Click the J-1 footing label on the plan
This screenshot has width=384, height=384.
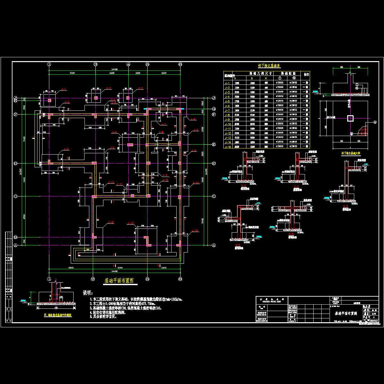(x=63, y=89)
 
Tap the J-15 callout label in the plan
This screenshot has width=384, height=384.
(x=110, y=222)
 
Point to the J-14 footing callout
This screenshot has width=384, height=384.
(x=195, y=230)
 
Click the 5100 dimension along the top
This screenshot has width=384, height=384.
(x=72, y=73)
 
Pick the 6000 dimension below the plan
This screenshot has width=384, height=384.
(x=120, y=267)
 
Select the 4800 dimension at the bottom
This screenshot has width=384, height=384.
(x=71, y=267)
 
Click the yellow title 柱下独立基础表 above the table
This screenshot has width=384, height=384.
(x=269, y=66)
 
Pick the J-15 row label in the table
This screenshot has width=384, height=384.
(x=228, y=147)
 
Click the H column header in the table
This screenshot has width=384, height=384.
(x=266, y=78)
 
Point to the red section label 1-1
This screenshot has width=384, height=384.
(x=244, y=186)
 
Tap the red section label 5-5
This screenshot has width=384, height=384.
(x=291, y=234)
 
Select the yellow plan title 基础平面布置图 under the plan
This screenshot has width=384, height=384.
(x=119, y=281)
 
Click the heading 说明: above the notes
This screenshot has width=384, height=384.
(x=88, y=293)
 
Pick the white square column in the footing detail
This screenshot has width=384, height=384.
(x=350, y=118)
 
